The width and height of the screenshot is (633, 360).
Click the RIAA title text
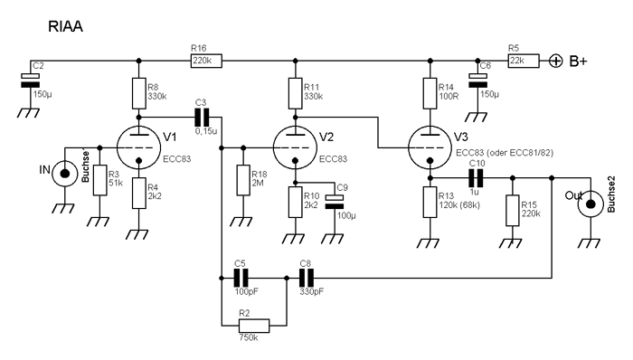click(65, 26)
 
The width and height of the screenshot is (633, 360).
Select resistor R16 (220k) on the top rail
click(206, 61)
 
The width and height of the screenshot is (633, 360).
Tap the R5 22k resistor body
click(524, 61)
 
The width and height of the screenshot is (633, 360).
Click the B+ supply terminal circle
click(556, 61)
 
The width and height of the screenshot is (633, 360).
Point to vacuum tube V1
click(138, 147)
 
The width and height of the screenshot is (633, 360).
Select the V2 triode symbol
click(295, 147)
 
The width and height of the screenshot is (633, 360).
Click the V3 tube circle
click(430, 147)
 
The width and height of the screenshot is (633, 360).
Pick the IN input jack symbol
click(64, 174)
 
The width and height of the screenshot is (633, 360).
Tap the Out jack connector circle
click(590, 204)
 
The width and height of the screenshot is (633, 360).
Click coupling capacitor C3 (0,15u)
click(202, 117)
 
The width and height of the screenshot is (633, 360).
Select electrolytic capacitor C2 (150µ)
click(30, 81)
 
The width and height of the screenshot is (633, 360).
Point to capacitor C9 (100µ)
click(335, 202)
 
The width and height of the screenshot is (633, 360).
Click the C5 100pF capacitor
click(241, 278)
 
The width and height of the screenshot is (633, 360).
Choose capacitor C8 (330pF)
click(307, 278)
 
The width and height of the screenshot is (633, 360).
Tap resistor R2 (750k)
click(254, 326)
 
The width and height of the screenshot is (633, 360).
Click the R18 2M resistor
click(243, 180)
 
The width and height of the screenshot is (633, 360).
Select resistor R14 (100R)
click(430, 93)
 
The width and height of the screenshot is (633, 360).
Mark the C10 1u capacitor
click(476, 178)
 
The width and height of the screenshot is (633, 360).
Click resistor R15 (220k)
click(513, 210)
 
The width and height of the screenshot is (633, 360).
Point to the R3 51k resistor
click(100, 180)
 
